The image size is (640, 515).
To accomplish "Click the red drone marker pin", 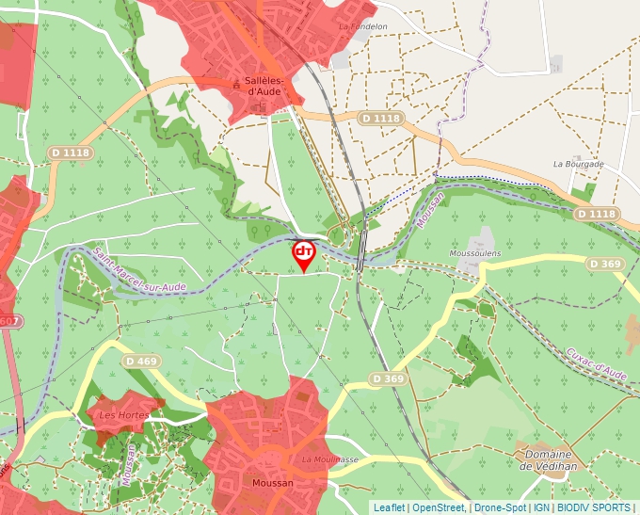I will click(x=304, y=254).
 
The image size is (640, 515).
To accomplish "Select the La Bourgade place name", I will click(x=578, y=164).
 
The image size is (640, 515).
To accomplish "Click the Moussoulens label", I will click(x=474, y=253).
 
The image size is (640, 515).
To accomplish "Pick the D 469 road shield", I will click(x=141, y=361).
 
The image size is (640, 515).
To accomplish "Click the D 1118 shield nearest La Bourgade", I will click(x=595, y=215).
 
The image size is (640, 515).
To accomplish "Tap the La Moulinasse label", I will click(x=330, y=459).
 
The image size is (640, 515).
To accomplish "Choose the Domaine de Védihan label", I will click(x=547, y=459).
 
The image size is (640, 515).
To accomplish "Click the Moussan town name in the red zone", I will click(x=273, y=483).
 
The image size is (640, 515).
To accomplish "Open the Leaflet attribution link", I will click(x=389, y=507).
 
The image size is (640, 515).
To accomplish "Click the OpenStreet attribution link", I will click(x=439, y=507).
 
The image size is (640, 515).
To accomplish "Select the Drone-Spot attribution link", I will click(x=500, y=507).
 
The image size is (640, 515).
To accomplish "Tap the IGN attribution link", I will click(x=541, y=507).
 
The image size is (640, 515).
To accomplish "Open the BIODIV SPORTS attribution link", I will click(x=594, y=507).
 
